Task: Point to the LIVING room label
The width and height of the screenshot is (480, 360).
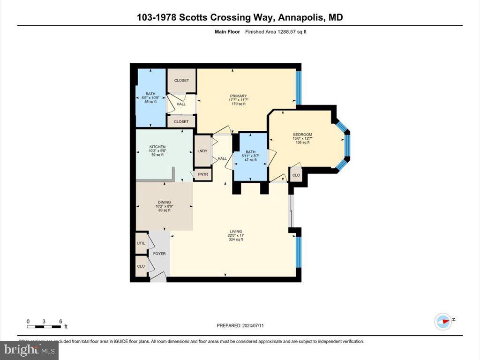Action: (x=236, y=232)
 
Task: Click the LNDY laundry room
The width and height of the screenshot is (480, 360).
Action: (x=203, y=150)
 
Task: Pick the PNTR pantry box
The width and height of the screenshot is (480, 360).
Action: (x=203, y=174)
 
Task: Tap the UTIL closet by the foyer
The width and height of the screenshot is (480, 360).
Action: (x=141, y=243)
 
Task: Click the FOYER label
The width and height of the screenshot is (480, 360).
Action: (x=159, y=254)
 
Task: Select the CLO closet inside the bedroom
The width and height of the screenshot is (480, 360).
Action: (x=296, y=175)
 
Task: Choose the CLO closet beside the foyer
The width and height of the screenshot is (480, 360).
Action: (x=141, y=266)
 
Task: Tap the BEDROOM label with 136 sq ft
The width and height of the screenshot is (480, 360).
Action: (x=302, y=135)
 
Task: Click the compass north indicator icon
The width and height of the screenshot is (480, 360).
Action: (x=443, y=321)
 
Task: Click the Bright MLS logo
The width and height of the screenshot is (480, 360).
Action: (x=30, y=350)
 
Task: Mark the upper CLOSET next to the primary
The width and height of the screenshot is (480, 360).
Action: (x=181, y=80)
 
